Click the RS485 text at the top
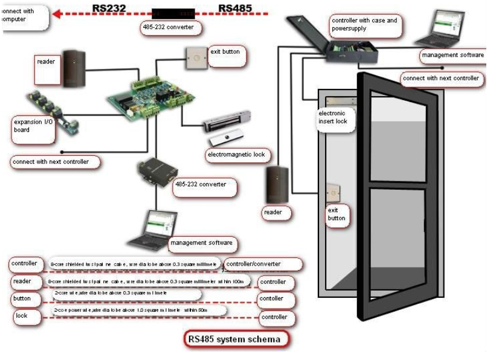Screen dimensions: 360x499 tap(235, 8)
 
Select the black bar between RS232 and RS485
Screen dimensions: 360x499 tap(173, 13)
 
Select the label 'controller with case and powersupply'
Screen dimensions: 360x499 tap(365, 25)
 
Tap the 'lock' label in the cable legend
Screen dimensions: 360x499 tap(22, 316)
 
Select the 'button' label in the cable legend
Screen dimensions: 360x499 tap(23, 298)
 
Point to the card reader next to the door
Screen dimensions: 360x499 tap(275, 184)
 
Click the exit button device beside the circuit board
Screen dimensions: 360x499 tap(195, 59)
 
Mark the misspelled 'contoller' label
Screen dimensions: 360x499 tap(271, 298)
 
